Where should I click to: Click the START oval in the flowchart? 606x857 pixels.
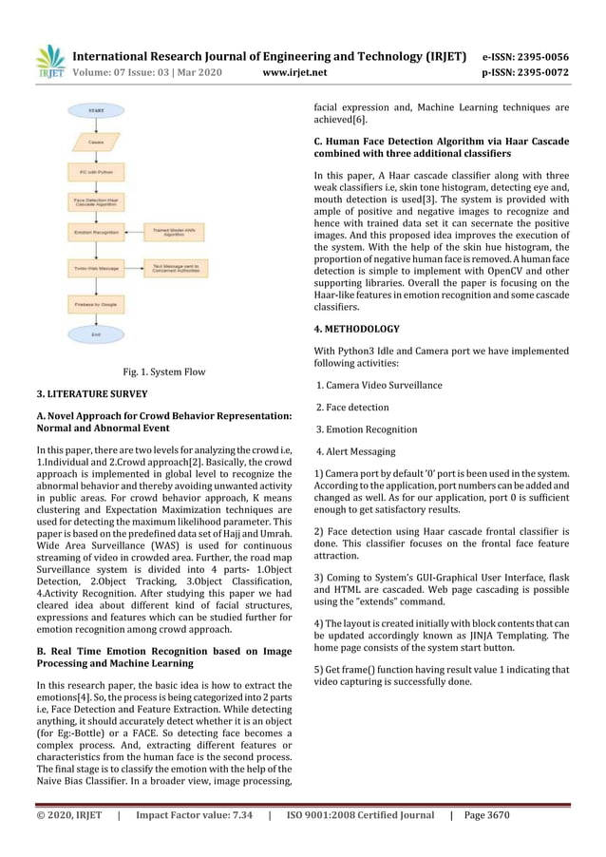(96, 111)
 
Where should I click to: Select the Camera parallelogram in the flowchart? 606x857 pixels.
(96, 143)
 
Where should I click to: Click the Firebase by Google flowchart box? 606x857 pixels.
(96, 304)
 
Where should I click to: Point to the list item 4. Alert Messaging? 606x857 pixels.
(356, 451)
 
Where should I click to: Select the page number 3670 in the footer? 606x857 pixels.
(551, 815)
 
